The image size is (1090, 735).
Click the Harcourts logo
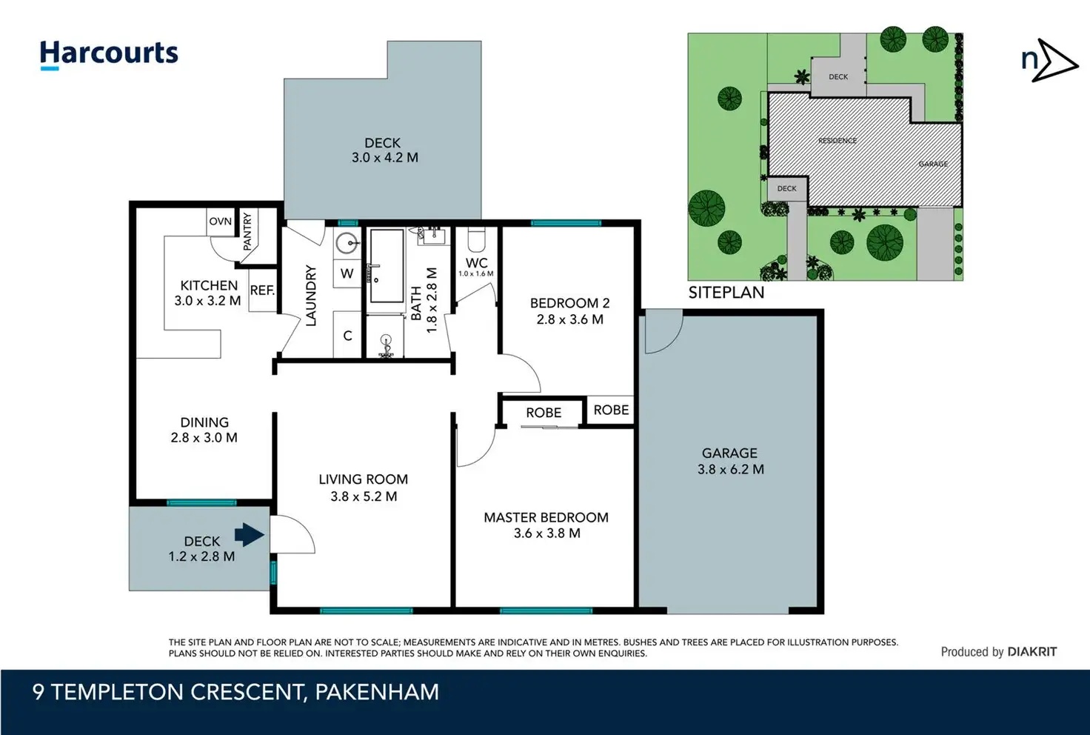pos(109,55)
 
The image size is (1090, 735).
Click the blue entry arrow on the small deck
pos(250,535)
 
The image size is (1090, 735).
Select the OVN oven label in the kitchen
pos(221,222)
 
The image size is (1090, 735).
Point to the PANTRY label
pos(247,231)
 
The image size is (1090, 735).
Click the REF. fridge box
pos(263,290)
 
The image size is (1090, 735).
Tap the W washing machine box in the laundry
pos(347,273)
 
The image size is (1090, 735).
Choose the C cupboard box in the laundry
pos(347,335)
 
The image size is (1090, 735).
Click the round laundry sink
pos(347,242)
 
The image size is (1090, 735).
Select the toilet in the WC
pos(476,239)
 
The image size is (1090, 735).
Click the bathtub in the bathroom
pos(387,266)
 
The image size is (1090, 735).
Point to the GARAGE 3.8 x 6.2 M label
pos(730,461)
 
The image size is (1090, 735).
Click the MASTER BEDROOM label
pos(546,517)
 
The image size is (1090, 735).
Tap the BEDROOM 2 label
pos(570,303)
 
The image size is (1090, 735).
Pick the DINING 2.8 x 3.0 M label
pos(204,430)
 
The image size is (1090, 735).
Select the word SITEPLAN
pos(726,293)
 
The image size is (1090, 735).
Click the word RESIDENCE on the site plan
pos(837,141)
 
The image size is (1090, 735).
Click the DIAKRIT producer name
pos(1032,652)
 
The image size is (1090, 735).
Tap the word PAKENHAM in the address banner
pos(377,692)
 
